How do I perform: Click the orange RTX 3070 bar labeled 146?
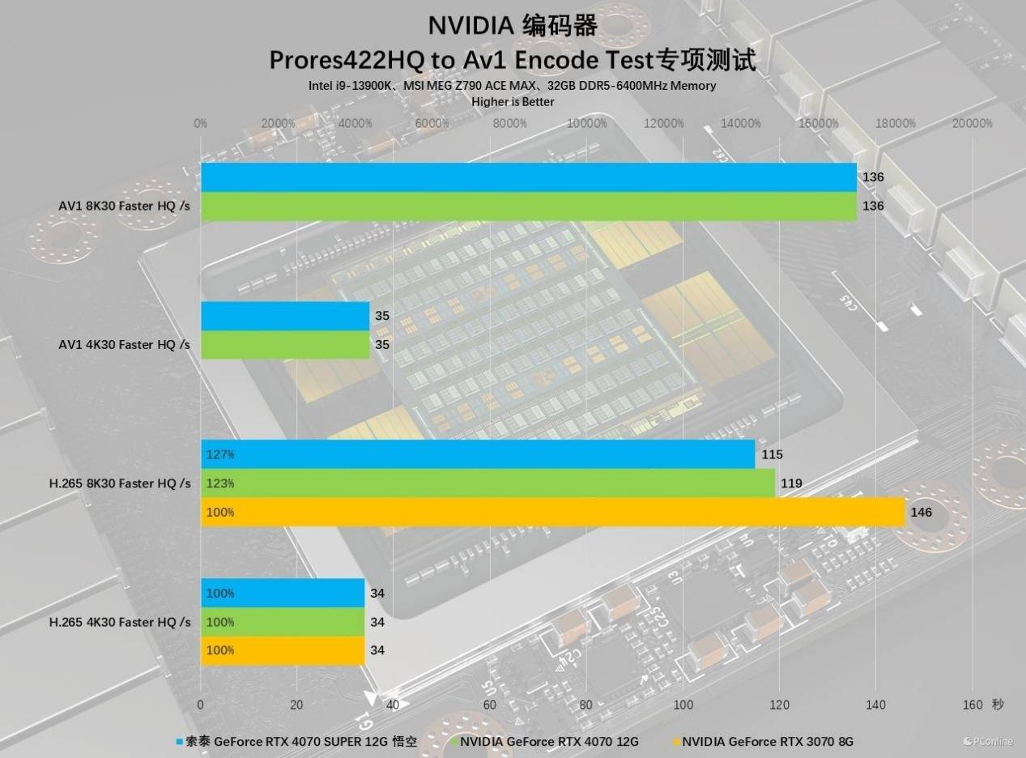click(x=552, y=512)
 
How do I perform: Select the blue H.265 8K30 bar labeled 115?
click(x=478, y=454)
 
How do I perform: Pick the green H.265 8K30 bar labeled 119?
click(x=487, y=483)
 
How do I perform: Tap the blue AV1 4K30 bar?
click(x=285, y=316)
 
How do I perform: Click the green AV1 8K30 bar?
click(x=528, y=206)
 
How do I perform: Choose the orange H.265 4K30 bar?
click(x=283, y=650)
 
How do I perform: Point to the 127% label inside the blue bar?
click(x=220, y=454)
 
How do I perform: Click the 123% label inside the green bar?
click(x=220, y=483)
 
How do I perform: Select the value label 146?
click(x=921, y=512)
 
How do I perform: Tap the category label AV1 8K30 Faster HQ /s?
click(x=124, y=206)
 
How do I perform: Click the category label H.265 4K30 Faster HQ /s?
click(x=120, y=622)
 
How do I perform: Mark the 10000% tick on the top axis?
click(x=587, y=123)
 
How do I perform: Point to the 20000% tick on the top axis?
click(x=972, y=123)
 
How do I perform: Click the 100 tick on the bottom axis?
click(x=683, y=705)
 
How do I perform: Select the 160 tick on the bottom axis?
click(x=972, y=705)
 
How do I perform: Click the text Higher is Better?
click(x=513, y=102)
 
